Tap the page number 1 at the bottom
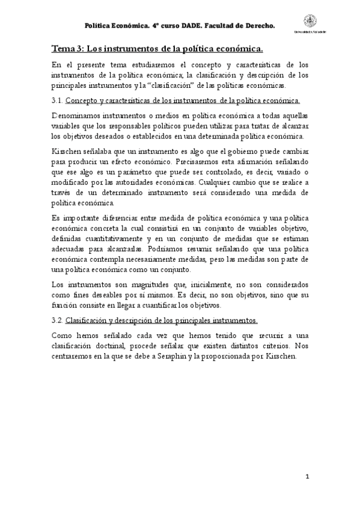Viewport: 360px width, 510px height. click(x=307, y=478)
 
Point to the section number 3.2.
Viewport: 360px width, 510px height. click(x=56, y=321)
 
